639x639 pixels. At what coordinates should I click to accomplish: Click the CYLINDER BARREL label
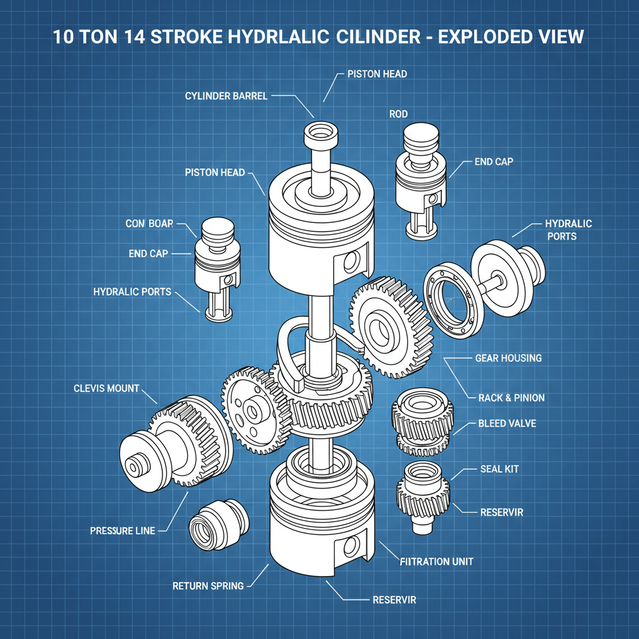(x=226, y=95)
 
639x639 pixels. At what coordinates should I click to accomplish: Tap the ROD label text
(x=399, y=114)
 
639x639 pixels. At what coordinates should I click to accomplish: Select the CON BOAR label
(x=149, y=223)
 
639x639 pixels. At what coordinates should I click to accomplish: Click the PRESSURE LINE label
(x=122, y=530)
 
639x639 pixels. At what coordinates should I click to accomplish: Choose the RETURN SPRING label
(x=208, y=586)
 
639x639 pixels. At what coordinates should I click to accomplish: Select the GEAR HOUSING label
(x=508, y=358)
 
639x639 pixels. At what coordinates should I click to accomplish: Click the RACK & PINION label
(x=511, y=398)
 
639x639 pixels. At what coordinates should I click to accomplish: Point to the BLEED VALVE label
(x=507, y=424)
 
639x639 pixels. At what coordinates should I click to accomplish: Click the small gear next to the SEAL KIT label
(x=423, y=493)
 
